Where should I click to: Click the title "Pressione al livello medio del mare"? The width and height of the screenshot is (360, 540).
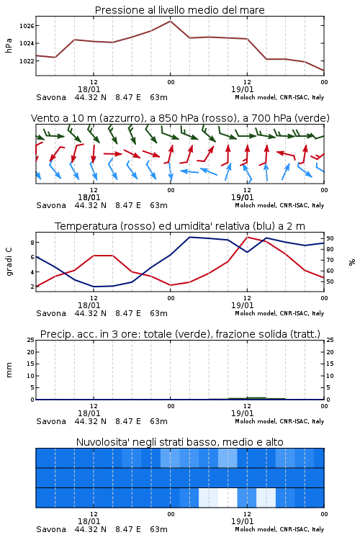179,10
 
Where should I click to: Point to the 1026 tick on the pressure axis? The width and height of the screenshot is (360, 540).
27,26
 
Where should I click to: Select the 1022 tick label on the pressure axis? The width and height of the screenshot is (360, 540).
27,61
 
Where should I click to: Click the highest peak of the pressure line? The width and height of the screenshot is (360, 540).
170,21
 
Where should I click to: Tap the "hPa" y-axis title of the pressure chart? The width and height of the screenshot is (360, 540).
9,45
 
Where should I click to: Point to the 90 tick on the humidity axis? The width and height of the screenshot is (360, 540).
330,238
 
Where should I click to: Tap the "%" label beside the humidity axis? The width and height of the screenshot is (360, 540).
352,262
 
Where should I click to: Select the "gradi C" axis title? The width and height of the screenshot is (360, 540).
9,261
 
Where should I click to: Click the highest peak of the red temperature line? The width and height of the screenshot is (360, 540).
248,237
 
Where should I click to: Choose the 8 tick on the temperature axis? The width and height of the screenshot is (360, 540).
32,243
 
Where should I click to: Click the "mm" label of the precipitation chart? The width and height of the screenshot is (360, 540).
9,370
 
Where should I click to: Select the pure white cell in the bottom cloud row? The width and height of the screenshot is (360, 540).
228,498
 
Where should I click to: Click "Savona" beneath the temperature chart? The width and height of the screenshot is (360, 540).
51,313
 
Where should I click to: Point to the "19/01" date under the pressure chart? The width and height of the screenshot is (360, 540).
243,89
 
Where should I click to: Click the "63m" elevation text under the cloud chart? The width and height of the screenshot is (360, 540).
159,529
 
